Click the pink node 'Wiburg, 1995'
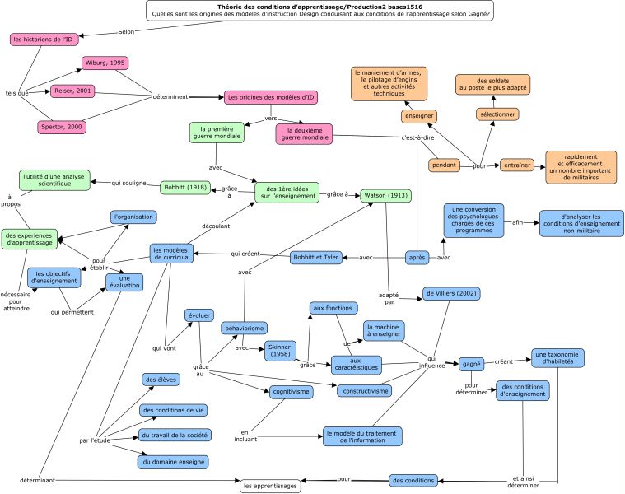tap(105, 63)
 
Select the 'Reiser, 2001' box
tap(72, 91)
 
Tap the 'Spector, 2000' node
tap(62, 127)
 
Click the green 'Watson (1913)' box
tap(386, 196)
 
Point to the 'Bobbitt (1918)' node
tap(185, 187)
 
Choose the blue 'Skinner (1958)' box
tap(280, 351)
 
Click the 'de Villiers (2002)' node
tap(451, 294)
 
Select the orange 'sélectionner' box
tap(497, 114)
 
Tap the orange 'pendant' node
tap(444, 165)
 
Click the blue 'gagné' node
tap(471, 364)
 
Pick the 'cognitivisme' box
tap(291, 392)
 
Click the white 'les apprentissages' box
tap(270, 486)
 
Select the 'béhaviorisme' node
tap(245, 329)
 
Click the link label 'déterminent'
tap(170, 97)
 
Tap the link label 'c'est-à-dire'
tap(417, 137)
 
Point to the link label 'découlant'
tap(216, 226)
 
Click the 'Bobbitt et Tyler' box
tap(315, 258)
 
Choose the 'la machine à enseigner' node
tap(384, 331)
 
